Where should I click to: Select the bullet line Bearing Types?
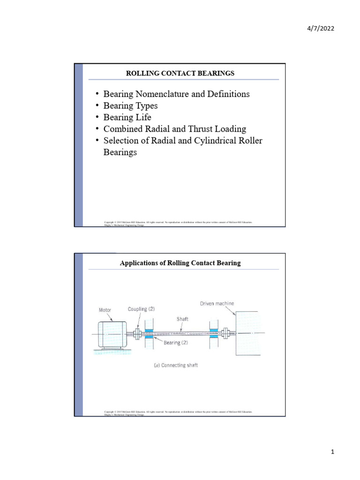point(130,105)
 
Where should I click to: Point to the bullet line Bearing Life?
point(127,117)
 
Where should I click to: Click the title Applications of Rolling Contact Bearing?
point(180,263)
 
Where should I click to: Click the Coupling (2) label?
point(142,309)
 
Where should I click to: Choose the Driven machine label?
point(217,304)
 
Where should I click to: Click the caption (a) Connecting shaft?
point(176,365)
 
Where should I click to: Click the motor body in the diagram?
point(112,335)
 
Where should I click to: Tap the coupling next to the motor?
point(137,334)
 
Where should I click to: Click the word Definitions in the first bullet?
point(228,94)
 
